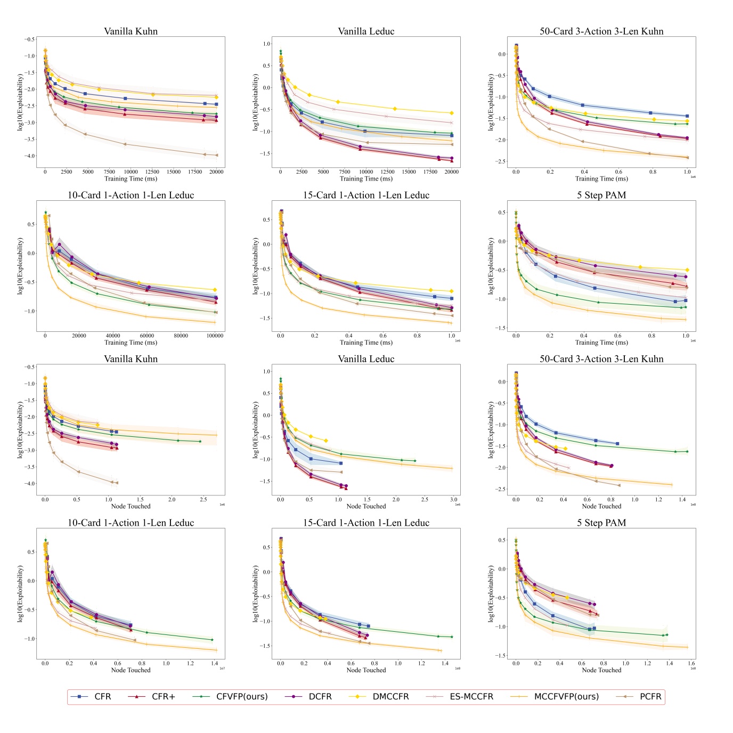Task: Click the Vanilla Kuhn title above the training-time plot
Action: (131, 31)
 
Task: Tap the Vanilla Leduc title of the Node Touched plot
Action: (366, 359)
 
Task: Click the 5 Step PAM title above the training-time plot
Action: (601, 195)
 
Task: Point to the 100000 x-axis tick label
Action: (215, 336)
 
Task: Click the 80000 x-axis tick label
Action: (181, 336)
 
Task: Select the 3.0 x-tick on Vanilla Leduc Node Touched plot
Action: (453, 500)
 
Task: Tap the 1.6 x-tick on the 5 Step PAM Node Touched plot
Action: (691, 663)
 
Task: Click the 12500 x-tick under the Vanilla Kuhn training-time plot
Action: (152, 172)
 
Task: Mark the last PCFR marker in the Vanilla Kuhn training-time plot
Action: (216, 155)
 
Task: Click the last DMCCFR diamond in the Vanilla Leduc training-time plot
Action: (452, 113)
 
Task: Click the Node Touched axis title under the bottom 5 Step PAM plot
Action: (601, 670)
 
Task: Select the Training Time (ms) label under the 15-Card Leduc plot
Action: (366, 343)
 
